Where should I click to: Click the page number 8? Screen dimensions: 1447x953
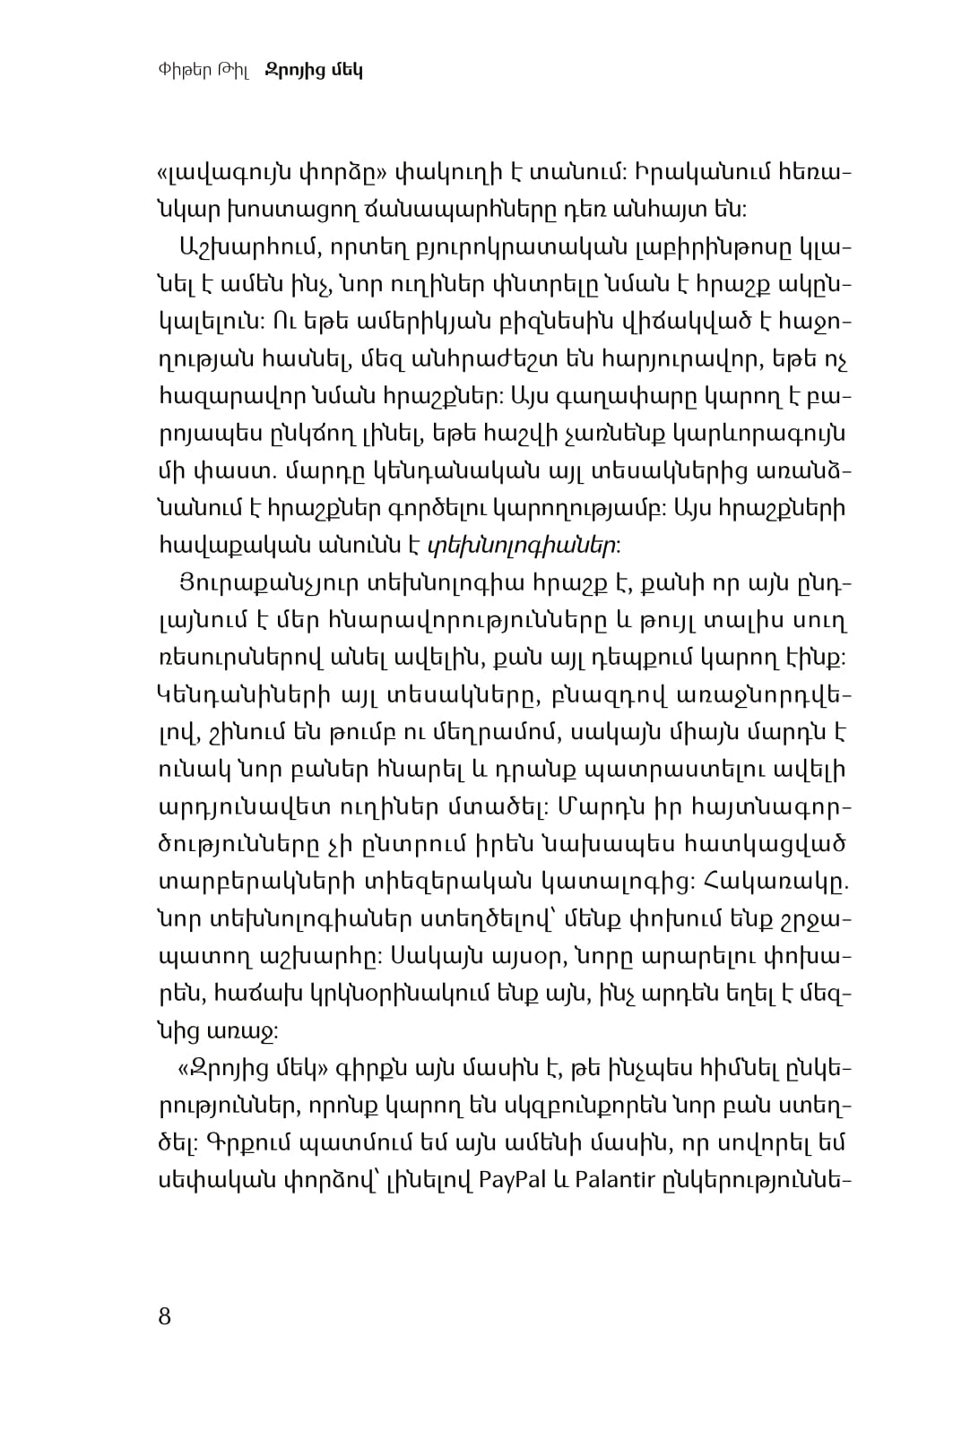click(164, 1316)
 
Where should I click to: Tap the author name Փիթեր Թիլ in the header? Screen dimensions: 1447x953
click(206, 71)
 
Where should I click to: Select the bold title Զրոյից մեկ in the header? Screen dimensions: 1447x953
click(314, 71)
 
